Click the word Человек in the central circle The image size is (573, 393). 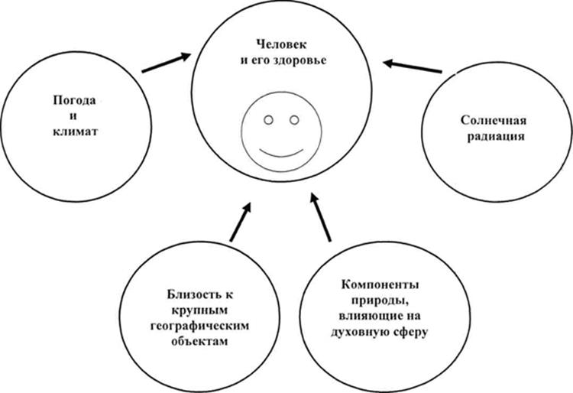(x=281, y=44)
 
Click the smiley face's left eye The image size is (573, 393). (x=269, y=120)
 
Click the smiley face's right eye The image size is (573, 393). (x=294, y=120)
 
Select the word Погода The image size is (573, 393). (x=75, y=100)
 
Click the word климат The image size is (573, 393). (x=76, y=132)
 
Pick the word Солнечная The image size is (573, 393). (x=494, y=120)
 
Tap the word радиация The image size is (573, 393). (x=496, y=137)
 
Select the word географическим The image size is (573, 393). (x=199, y=326)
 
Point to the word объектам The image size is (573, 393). (x=199, y=341)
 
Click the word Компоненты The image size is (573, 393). (x=380, y=284)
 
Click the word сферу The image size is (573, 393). (x=410, y=333)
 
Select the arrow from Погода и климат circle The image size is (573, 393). (x=167, y=63)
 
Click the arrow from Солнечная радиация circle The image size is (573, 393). (x=413, y=66)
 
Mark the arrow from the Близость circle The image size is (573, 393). (x=241, y=222)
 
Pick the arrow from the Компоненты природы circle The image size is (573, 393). (x=320, y=217)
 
